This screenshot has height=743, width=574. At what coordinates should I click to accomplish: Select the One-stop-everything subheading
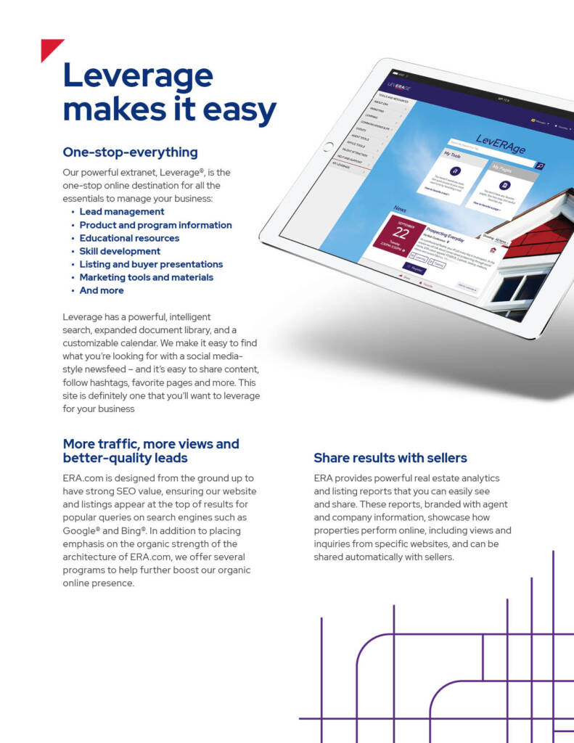(130, 152)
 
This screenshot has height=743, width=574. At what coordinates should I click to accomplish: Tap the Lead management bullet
(122, 212)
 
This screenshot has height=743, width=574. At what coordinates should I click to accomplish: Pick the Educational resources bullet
(129, 238)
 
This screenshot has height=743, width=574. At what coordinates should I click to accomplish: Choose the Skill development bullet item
(120, 251)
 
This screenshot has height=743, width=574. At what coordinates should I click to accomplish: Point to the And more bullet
(102, 290)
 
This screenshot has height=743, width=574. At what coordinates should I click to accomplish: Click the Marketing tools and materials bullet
(147, 277)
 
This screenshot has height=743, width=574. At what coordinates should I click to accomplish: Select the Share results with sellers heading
(390, 458)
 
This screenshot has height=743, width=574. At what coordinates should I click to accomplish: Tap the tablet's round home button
(328, 148)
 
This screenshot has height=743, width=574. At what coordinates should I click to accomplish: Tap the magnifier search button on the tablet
(538, 165)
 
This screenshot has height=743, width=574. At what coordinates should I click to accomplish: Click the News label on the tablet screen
(400, 209)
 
